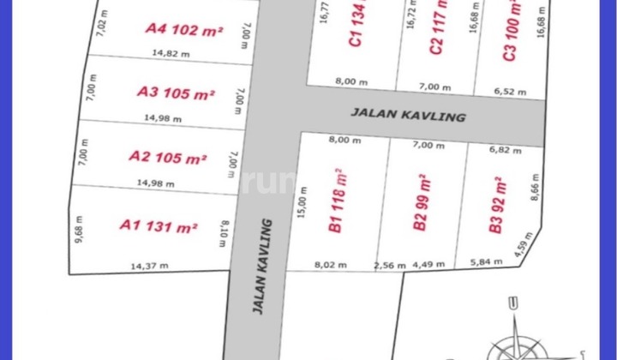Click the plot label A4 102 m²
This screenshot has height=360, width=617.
coord(184,29)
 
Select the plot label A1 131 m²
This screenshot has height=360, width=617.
coord(159,226)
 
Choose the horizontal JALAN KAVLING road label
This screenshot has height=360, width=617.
coord(409,114)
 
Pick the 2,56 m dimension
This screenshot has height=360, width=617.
coord(388,266)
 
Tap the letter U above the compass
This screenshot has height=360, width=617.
coord(512,303)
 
